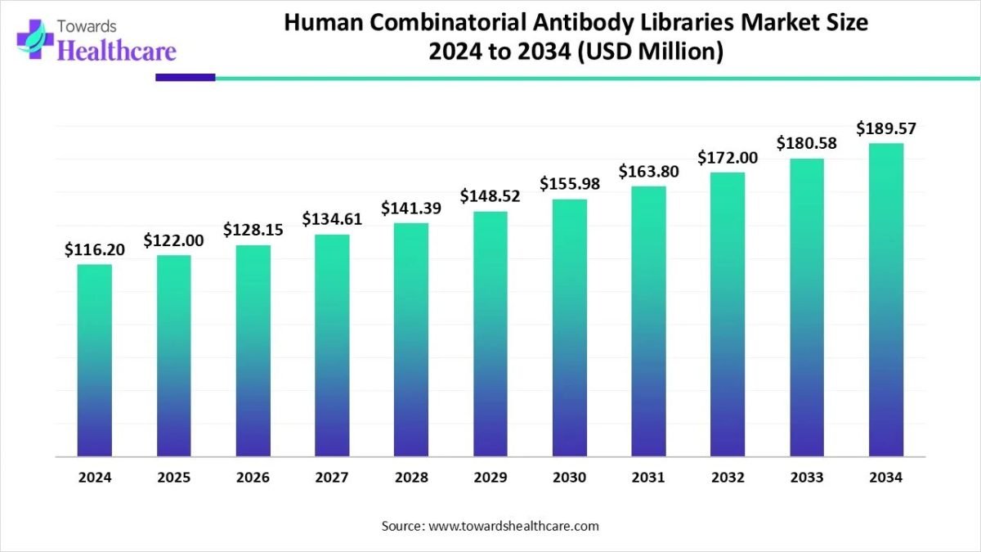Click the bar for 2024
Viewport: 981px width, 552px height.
95,360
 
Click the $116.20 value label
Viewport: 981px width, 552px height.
95,250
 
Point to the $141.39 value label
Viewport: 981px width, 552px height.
411,209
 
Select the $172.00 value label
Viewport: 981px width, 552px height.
728,158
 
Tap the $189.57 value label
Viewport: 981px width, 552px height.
885,129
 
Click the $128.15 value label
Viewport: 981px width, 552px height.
253,231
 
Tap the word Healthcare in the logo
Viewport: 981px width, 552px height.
118,52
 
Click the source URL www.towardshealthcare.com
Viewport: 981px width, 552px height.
513,526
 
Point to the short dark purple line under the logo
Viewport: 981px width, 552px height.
185,78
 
